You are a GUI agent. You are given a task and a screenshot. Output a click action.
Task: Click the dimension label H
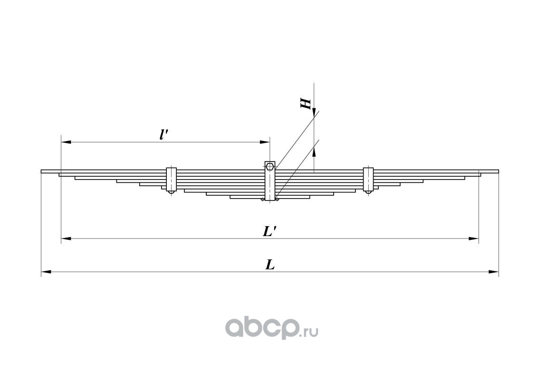[307, 104]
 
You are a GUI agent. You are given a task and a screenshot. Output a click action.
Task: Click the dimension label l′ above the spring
[164, 134]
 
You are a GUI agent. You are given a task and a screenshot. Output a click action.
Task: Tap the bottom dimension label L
[270, 265]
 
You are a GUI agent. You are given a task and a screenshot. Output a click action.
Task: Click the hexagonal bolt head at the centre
[269, 166]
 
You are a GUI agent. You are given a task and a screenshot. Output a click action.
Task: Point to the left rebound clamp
[171, 180]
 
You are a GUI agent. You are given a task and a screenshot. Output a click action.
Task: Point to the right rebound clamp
[368, 180]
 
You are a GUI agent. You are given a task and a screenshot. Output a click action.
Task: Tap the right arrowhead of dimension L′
[474, 238]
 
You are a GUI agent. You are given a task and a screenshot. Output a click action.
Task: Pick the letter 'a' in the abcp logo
[236, 327]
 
